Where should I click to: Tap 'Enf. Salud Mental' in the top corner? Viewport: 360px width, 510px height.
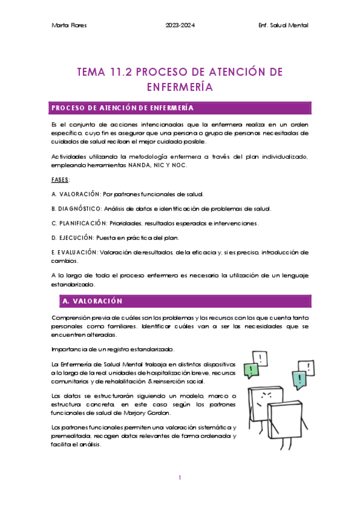pos(282,25)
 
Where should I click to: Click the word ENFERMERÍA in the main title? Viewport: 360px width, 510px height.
pos(180,87)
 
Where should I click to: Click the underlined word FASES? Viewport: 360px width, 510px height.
pos(61,180)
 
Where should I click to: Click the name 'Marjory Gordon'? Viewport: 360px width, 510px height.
pos(159,412)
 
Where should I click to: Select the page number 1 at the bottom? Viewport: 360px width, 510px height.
pos(180,478)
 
